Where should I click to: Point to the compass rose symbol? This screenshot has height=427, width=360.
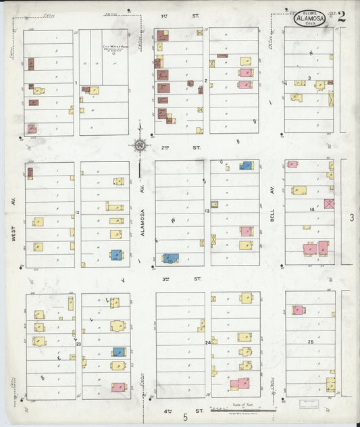pos(140,144)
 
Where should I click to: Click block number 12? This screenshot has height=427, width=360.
pos(78,213)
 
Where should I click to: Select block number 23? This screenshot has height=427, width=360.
pos(78,345)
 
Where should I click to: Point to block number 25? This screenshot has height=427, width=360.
pos(310,343)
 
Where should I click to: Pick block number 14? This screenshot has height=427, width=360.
pos(312,209)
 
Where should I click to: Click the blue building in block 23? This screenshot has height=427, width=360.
pos(119,352)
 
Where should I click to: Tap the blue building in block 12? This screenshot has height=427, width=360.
pos(116,255)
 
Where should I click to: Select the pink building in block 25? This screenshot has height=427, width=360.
pos(299,310)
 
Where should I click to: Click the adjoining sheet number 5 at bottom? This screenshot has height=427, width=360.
pos(184,418)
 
